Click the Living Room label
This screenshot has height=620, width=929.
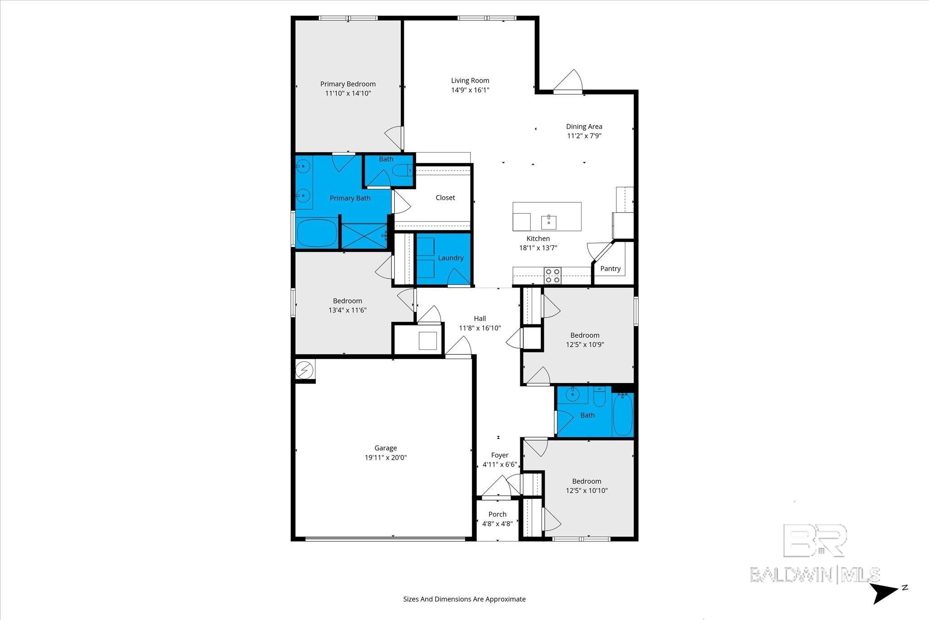point(470,80)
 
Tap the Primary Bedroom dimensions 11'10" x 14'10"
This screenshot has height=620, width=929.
point(348,93)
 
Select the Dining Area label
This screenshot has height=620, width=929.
point(584,126)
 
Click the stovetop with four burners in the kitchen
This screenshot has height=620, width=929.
point(553,276)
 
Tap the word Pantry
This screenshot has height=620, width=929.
point(610,269)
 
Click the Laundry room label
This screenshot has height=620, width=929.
point(450,258)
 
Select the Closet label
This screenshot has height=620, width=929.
point(445,197)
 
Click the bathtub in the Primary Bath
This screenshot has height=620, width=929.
point(317,232)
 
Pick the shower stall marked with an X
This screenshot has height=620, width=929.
point(364,236)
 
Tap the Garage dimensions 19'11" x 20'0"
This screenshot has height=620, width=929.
point(386,458)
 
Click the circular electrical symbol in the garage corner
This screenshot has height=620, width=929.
point(304,370)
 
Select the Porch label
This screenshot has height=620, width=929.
point(497,514)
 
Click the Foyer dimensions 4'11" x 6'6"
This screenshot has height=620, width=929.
point(500,465)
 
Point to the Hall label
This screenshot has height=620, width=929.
point(480,319)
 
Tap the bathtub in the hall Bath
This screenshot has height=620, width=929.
point(622,415)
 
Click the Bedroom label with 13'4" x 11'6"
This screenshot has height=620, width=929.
point(347,300)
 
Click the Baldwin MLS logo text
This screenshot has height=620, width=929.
point(815,575)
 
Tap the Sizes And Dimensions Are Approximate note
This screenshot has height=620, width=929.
point(464,599)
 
